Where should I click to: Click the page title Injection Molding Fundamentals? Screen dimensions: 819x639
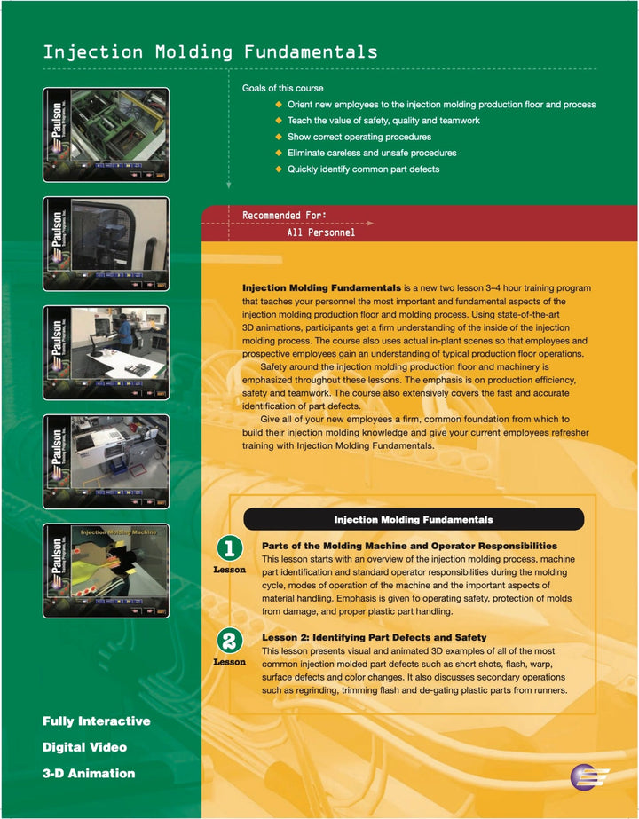210,52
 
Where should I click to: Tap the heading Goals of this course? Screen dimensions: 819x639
282,88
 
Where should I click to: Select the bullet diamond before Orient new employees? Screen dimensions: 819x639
279,105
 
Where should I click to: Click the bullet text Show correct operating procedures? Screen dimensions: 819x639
359,137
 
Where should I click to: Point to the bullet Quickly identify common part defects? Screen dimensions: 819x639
362,169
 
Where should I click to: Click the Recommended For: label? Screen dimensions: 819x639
284,216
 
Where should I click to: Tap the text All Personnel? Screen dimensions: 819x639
320,232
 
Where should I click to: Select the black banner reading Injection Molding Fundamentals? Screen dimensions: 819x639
413,519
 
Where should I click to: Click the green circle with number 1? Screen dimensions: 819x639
229,548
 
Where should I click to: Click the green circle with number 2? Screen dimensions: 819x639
229,640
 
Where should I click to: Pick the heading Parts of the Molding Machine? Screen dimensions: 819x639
409,546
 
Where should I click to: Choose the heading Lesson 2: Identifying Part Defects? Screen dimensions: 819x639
374,637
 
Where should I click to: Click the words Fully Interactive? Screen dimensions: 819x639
96,721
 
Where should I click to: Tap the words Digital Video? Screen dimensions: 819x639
84,747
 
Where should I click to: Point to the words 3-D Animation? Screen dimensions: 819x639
89,773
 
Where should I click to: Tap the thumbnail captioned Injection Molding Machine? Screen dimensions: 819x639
106,570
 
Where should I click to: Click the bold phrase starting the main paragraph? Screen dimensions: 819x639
321,288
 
